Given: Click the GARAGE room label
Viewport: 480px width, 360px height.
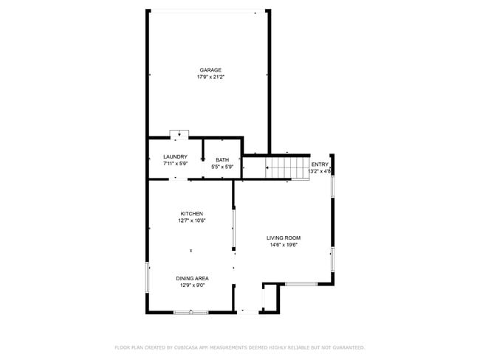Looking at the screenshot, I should click(x=210, y=70).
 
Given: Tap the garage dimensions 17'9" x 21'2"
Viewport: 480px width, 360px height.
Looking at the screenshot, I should click(x=210, y=77).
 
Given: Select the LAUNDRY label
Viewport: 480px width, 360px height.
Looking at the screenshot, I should click(x=175, y=156).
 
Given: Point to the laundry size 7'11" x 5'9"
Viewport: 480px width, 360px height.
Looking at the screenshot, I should click(x=175, y=163).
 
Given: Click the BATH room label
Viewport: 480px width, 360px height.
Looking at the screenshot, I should click(x=222, y=160).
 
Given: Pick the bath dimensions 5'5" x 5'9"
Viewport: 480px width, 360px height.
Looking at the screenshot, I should click(x=222, y=167).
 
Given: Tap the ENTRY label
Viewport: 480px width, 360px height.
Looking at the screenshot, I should click(x=320, y=165).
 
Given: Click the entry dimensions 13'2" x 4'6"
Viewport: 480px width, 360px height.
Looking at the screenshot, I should click(x=320, y=171).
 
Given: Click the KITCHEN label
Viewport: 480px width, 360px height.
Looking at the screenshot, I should click(x=191, y=213).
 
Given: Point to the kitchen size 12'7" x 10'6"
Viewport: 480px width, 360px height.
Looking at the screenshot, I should click(x=191, y=220).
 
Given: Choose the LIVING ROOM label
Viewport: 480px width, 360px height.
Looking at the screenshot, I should click(x=284, y=238).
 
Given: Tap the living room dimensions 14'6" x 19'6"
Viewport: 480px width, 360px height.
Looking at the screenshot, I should click(x=284, y=244).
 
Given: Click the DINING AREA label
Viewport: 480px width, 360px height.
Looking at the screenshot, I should click(x=192, y=278).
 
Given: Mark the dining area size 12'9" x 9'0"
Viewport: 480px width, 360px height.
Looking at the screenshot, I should click(x=192, y=285).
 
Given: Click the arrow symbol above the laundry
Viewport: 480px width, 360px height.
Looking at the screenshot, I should click(x=179, y=135).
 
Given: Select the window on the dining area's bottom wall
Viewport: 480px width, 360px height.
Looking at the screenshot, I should click(x=191, y=313).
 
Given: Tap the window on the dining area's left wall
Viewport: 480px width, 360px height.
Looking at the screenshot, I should click(x=148, y=277).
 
